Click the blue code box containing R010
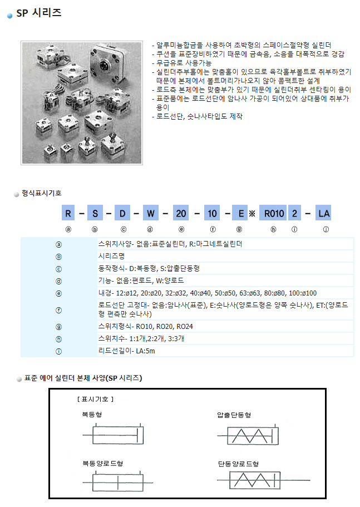coord(274,213)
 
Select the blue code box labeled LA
coord(323,213)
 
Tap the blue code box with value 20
coord(181,213)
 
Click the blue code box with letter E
coord(240,213)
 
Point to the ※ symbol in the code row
coord(251,214)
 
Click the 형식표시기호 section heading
coord(42,193)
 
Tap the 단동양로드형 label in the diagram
coord(238,463)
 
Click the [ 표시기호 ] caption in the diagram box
coord(95,399)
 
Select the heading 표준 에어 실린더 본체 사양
coord(83,378)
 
